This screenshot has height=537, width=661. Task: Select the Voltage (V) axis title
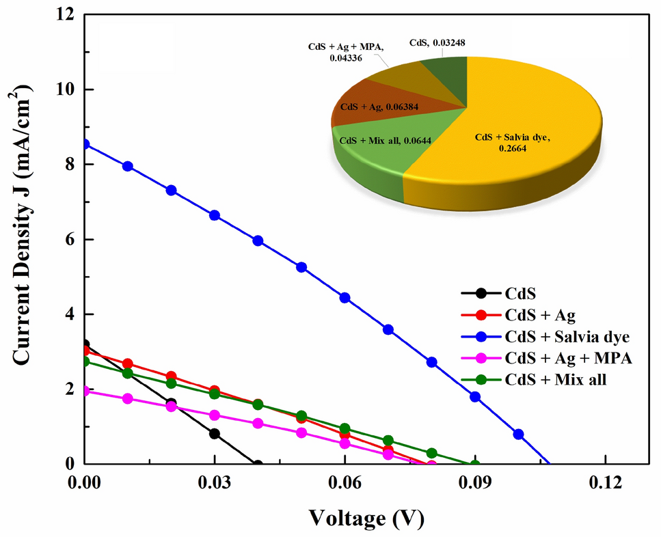point(366,519)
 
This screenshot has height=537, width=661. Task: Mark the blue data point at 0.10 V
point(518,434)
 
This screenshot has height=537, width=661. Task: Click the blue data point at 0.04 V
point(258,240)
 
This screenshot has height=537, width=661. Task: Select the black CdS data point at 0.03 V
point(215,434)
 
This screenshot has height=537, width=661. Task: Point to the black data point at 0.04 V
point(258,464)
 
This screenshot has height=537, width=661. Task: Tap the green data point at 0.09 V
point(475,464)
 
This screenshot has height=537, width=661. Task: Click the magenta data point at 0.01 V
point(127,398)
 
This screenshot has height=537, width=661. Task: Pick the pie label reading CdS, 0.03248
point(437,42)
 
